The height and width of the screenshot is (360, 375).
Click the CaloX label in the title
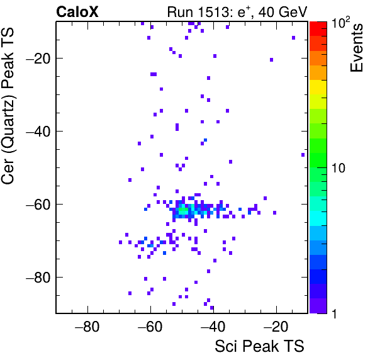(77, 12)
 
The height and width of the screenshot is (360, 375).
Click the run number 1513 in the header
(213, 12)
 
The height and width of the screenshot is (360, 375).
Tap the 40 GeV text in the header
(283, 12)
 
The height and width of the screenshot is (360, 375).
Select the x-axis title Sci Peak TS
(259, 346)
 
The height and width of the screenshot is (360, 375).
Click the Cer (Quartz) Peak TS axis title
(8, 106)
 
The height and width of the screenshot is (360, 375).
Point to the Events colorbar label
(356, 48)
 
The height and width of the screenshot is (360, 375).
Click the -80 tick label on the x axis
(87, 327)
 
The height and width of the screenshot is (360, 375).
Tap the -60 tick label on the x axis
(150, 327)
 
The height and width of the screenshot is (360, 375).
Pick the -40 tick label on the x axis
(213, 327)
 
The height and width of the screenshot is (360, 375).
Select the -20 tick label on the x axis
(276, 327)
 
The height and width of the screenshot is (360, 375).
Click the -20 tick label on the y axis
(38, 59)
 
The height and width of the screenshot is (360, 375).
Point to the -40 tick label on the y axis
(38, 132)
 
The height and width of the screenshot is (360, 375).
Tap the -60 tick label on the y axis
(38, 205)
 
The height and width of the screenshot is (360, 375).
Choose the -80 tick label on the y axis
(38, 278)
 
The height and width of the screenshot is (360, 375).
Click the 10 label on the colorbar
(338, 169)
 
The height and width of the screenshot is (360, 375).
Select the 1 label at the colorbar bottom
(335, 313)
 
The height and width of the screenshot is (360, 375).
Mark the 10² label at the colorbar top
(340, 23)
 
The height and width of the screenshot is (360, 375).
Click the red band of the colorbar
(318, 29)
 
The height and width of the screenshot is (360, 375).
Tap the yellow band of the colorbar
(318, 87)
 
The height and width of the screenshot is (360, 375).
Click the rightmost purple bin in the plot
(303, 155)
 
